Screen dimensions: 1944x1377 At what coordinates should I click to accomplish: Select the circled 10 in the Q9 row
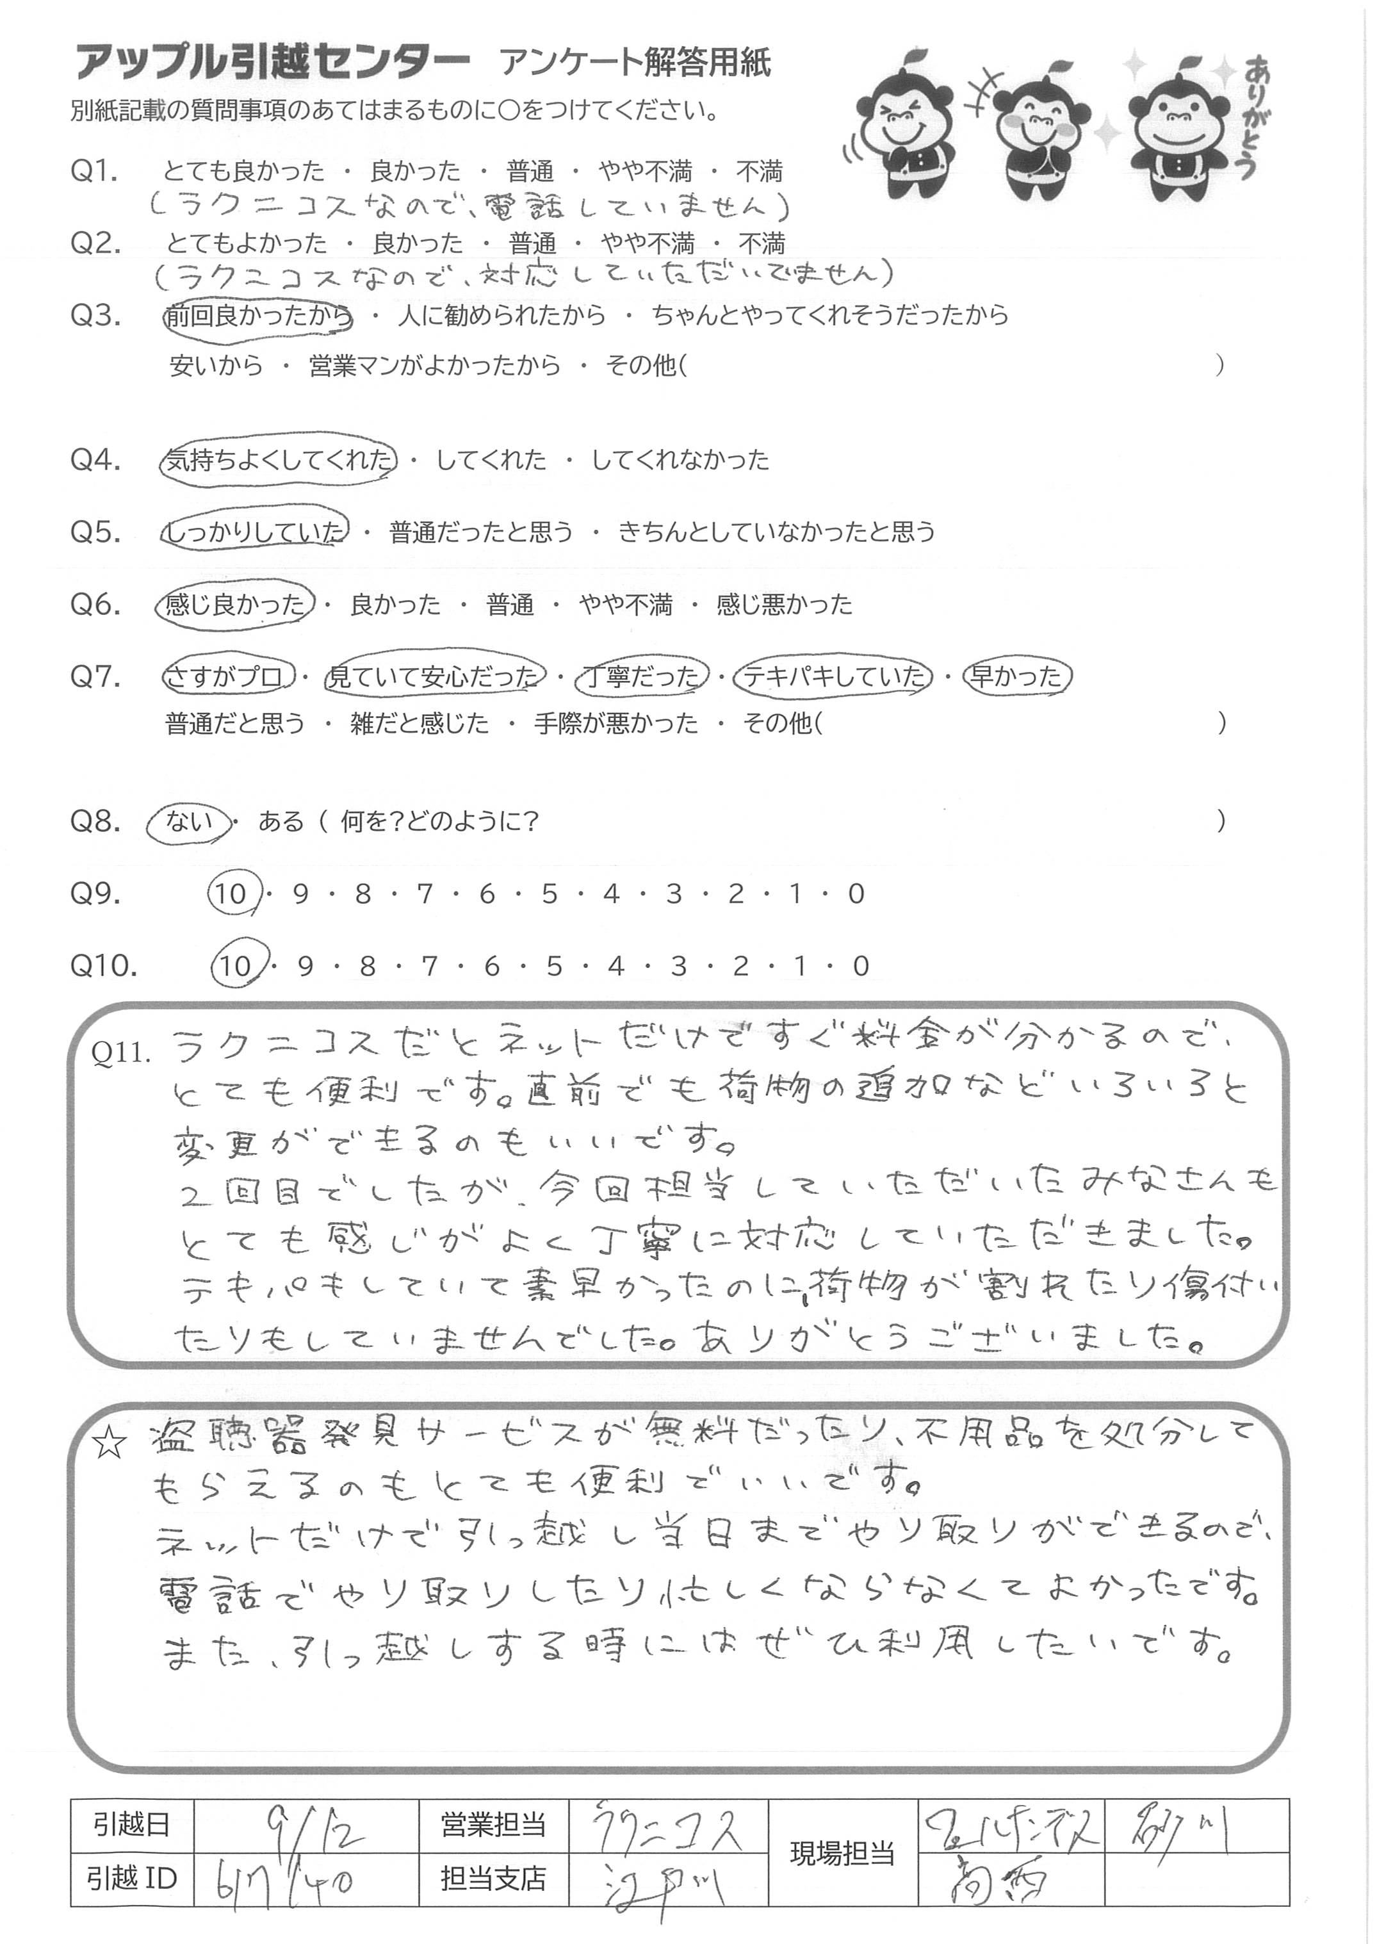pos(231,894)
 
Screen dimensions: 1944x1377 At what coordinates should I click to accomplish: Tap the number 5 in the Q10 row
pos(554,966)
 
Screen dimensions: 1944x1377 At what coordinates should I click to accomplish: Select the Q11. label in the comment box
pos(120,1053)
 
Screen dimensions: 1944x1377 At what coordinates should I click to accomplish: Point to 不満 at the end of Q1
pos(759,172)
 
